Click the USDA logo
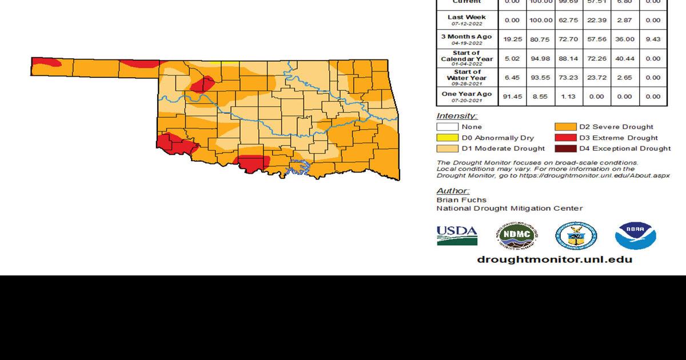point(457,235)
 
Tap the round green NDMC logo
point(516,235)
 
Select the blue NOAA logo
point(635,235)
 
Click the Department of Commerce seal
point(576,235)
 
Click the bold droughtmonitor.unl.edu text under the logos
point(555,259)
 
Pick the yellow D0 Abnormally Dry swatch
point(448,138)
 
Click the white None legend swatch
point(448,127)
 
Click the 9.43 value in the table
point(653,39)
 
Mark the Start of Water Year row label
point(466,77)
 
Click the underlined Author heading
point(453,191)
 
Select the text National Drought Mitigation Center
point(509,209)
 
